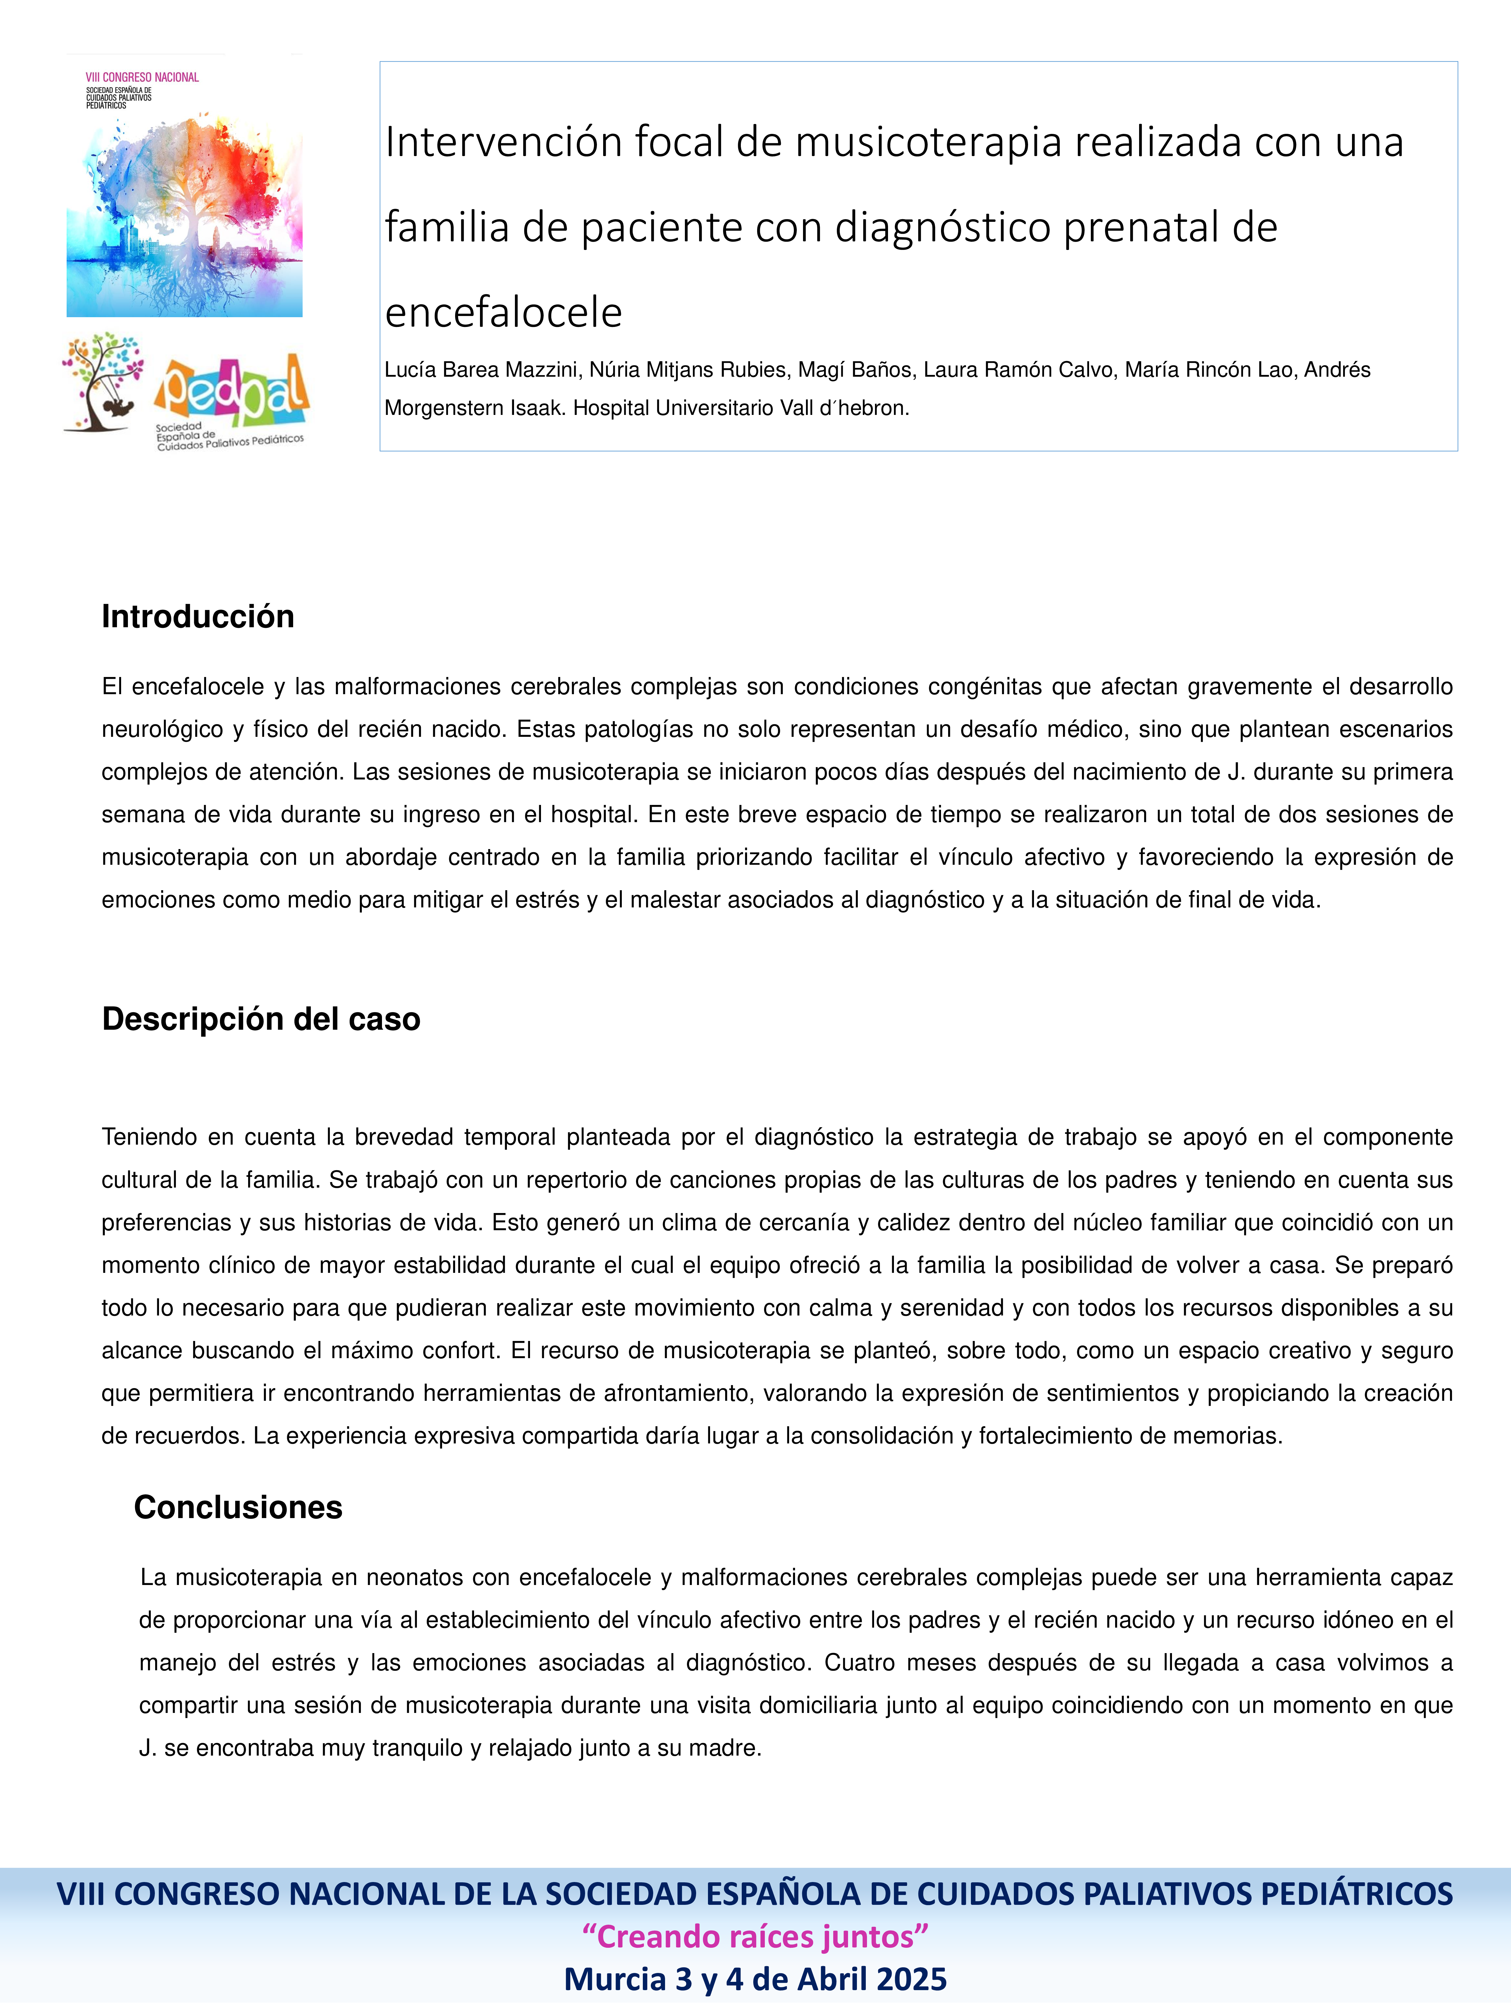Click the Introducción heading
tap(197, 617)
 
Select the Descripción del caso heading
tap(261, 1018)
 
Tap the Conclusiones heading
tap(238, 1508)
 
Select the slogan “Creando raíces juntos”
tap(755, 1936)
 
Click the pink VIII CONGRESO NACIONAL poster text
tap(142, 77)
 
